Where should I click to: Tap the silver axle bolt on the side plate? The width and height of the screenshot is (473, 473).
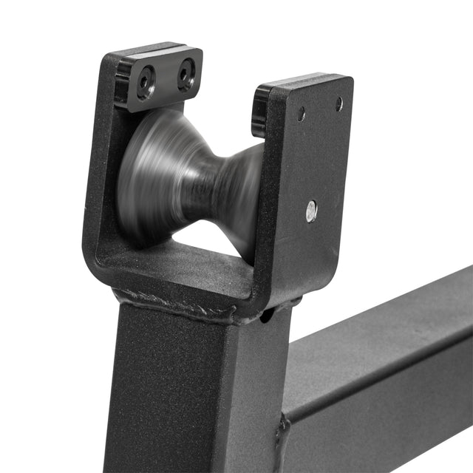click(x=312, y=211)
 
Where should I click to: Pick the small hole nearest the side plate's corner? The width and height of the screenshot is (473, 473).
click(x=339, y=104)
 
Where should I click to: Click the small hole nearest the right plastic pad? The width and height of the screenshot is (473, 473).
click(x=302, y=114)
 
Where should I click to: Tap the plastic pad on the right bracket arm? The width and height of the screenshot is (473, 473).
click(x=260, y=111)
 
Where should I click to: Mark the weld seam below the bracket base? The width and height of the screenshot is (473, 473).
click(x=177, y=305)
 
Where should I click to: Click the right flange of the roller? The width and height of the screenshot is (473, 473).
click(x=248, y=192)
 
